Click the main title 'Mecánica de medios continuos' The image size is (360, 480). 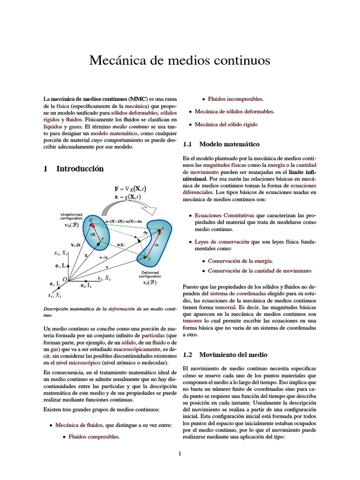point(180,60)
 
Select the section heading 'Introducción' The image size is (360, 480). point(80,169)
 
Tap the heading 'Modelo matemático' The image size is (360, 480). point(229,144)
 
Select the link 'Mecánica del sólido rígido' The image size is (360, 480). point(226,125)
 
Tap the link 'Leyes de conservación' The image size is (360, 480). point(222,242)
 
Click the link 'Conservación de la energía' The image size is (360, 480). point(240,261)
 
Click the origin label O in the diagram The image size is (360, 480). point(65,280)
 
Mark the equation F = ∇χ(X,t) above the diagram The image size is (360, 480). point(130,189)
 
